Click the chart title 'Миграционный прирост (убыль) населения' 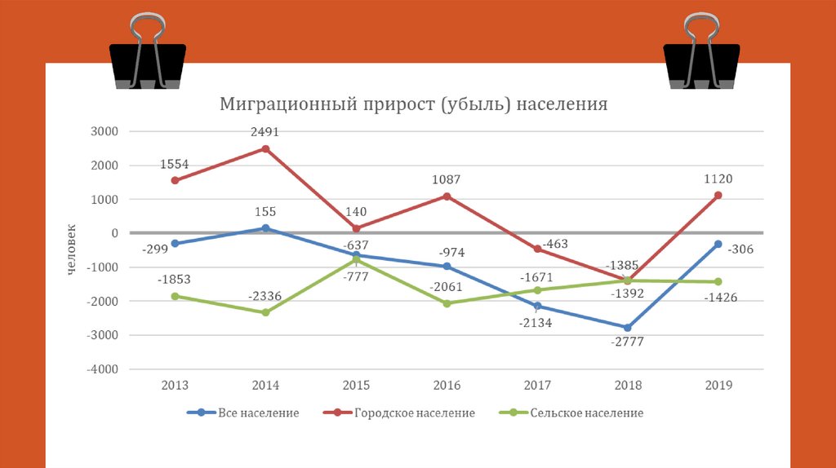pyautogui.click(x=413, y=104)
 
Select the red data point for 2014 pyautogui.click(x=265, y=148)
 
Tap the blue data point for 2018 pyautogui.click(x=627, y=328)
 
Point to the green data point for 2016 pyautogui.click(x=447, y=303)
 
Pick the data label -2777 pyautogui.click(x=627, y=342)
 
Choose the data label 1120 pyautogui.click(x=718, y=179)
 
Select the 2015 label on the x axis pyautogui.click(x=356, y=386)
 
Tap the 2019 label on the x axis pyautogui.click(x=718, y=386)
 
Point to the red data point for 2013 pyautogui.click(x=175, y=180)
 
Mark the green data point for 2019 pyautogui.click(x=718, y=282)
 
